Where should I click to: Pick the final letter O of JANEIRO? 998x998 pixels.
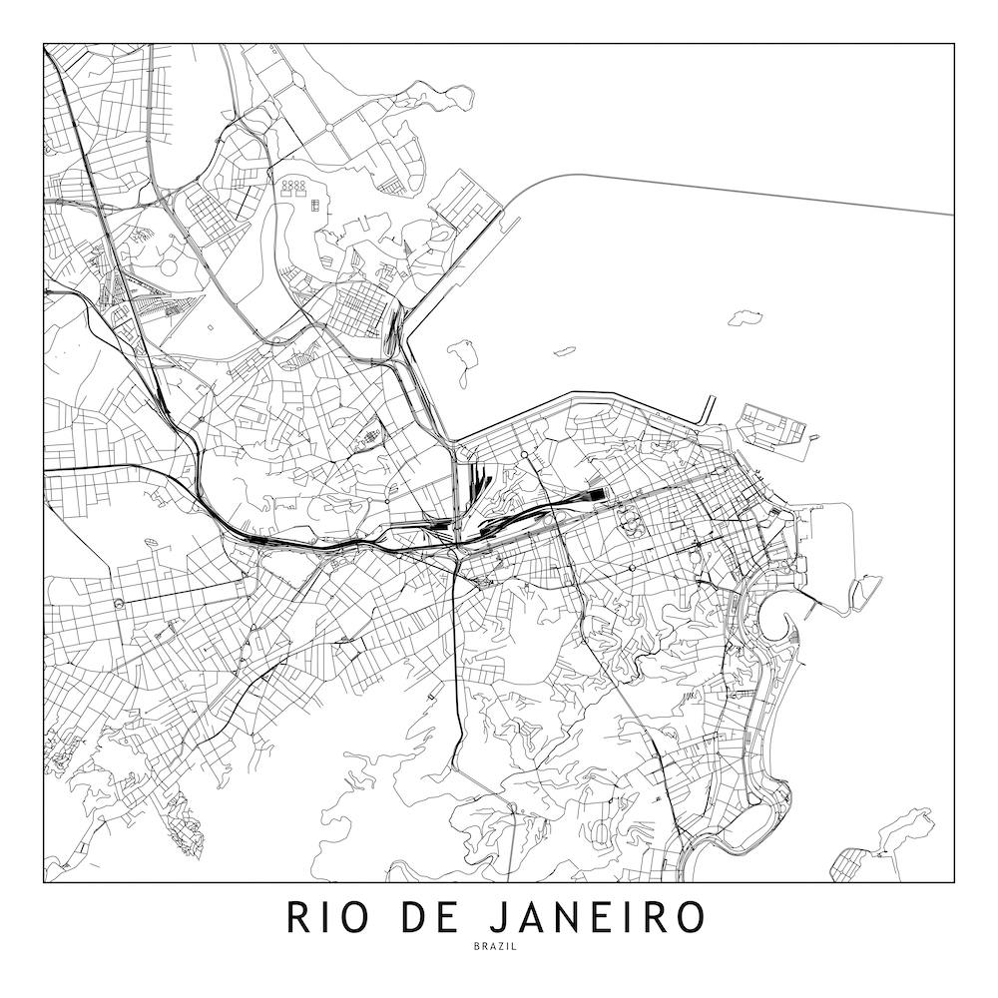coord(689,917)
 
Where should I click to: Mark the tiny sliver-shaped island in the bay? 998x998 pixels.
coord(564,350)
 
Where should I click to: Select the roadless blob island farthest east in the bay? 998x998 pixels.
coord(747,318)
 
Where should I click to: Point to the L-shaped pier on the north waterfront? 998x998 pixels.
coord(708,409)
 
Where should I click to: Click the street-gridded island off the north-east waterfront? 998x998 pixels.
coord(773,426)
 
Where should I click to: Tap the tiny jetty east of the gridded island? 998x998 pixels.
coord(815,437)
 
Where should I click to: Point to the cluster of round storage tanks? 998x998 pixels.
coord(297,188)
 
